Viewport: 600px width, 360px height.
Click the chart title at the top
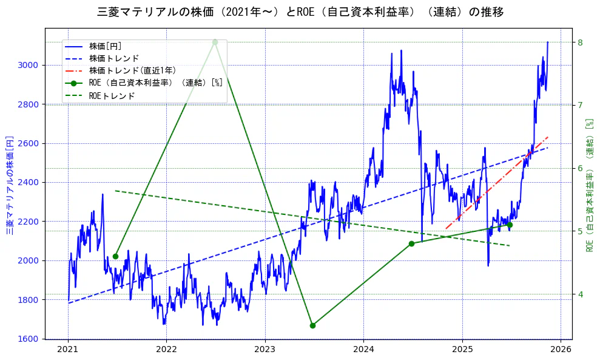point(300,12)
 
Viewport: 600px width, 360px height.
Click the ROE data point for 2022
point(215,42)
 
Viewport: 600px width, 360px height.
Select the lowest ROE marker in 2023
point(312,325)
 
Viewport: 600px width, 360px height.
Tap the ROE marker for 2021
point(115,256)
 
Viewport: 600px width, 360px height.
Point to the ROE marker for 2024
point(411,243)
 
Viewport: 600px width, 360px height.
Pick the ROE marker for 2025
point(510,225)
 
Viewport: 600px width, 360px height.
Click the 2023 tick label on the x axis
point(265,350)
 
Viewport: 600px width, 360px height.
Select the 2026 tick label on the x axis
point(561,350)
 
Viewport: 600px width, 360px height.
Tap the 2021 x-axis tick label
point(68,350)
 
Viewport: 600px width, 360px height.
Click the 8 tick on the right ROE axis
point(580,42)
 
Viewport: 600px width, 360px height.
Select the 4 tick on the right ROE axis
point(580,294)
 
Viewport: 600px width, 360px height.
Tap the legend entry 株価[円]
point(106,46)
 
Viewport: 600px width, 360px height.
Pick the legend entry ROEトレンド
point(112,95)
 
